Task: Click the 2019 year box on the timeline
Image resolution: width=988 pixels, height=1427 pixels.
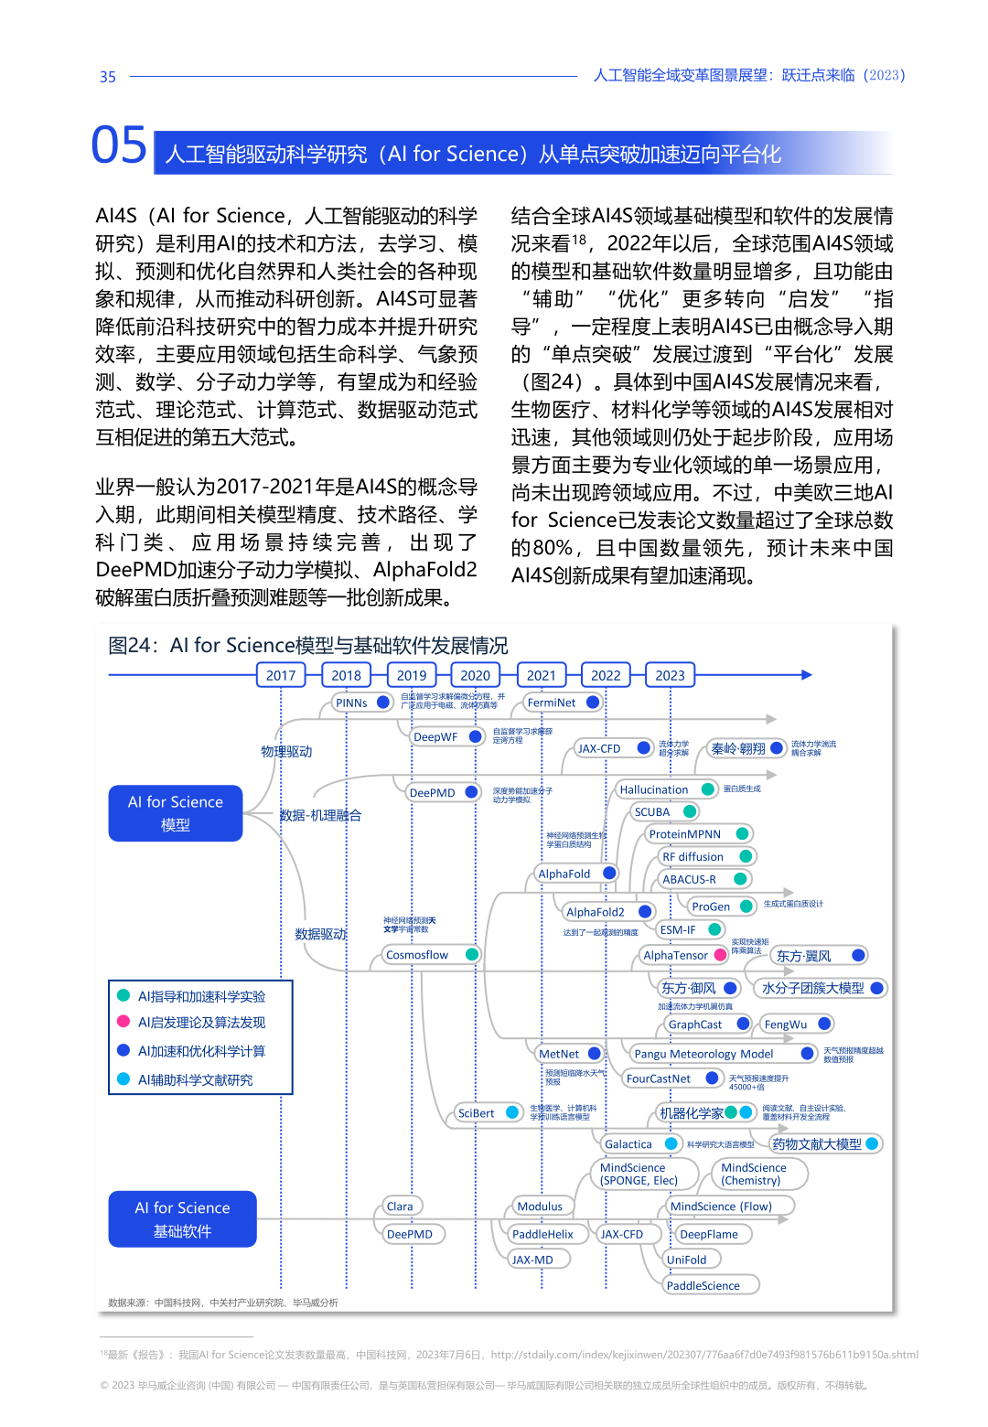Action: click(x=412, y=675)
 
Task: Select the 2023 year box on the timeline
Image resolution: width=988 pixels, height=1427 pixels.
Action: click(x=670, y=675)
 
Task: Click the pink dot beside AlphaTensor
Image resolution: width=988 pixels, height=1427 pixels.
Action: click(x=721, y=955)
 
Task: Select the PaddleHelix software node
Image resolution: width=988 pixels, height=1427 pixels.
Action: click(x=543, y=1234)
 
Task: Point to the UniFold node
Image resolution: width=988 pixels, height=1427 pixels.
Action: click(x=687, y=1260)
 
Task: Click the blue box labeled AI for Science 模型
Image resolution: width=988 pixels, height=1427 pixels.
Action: click(x=176, y=813)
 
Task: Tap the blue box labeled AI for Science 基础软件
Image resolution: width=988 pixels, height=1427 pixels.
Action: click(x=182, y=1219)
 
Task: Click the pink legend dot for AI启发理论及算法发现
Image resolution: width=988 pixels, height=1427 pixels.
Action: click(x=123, y=1022)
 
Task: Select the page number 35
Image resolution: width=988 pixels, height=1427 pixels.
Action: click(x=108, y=77)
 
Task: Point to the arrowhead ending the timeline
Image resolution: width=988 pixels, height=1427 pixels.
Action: click(x=807, y=675)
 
